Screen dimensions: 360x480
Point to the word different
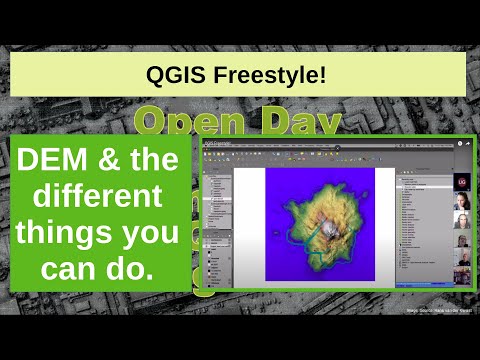pos(100,193)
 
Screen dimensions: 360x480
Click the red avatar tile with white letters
pos(462,180)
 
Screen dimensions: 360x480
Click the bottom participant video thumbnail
pos(462,272)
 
